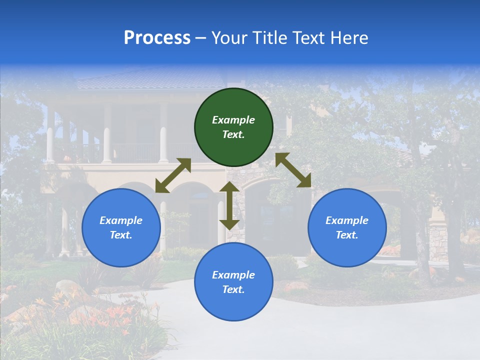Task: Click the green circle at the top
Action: (x=233, y=127)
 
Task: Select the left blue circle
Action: (x=121, y=227)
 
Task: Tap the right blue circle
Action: (x=347, y=227)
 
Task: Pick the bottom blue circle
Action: (x=233, y=282)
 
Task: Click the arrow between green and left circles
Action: (x=173, y=175)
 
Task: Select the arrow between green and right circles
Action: (x=293, y=170)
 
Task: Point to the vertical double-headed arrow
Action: (x=229, y=205)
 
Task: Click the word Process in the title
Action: (x=157, y=38)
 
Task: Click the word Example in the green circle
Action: (x=233, y=120)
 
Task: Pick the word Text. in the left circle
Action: (x=121, y=235)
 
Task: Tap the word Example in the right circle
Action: (x=347, y=220)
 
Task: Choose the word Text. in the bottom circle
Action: (x=233, y=289)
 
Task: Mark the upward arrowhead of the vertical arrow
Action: (x=229, y=187)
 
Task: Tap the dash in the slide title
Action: (x=201, y=38)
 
